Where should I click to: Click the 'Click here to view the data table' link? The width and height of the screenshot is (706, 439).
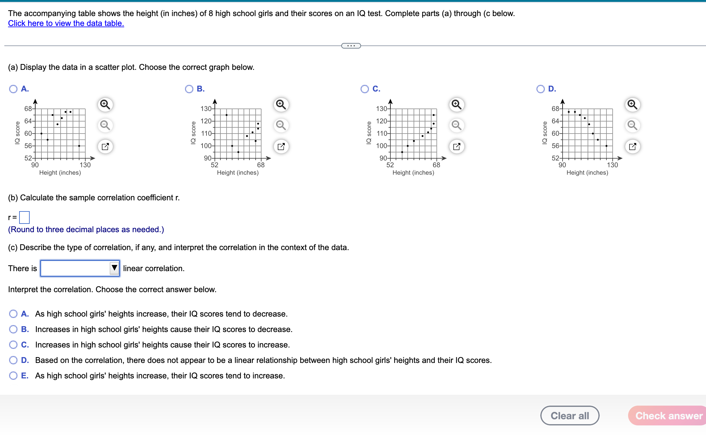click(x=66, y=23)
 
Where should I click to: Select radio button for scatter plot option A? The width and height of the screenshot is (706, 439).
click(x=13, y=89)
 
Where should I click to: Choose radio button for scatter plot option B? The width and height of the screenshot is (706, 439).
click(x=189, y=89)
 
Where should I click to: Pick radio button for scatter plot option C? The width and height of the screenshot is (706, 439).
click(x=365, y=89)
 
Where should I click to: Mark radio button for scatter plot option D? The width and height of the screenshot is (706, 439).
click(x=540, y=89)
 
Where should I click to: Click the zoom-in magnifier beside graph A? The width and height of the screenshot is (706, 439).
click(x=105, y=105)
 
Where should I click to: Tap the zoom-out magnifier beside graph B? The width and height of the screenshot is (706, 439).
click(x=281, y=125)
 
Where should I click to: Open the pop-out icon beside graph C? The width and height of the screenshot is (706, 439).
click(x=457, y=146)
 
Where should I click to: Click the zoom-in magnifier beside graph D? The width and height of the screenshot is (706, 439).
click(x=632, y=105)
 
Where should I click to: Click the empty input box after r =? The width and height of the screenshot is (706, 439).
click(x=24, y=217)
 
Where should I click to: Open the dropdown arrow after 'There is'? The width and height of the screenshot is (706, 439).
click(x=114, y=268)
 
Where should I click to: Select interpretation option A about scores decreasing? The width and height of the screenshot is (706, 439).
click(x=13, y=314)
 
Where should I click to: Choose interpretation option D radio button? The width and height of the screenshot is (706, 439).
click(x=13, y=360)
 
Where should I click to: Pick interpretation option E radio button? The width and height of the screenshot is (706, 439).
click(x=13, y=376)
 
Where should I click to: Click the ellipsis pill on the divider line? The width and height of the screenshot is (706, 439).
click(x=351, y=46)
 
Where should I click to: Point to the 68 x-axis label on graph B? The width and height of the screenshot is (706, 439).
click(x=261, y=165)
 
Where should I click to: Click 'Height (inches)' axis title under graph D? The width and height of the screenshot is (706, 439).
click(x=587, y=173)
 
